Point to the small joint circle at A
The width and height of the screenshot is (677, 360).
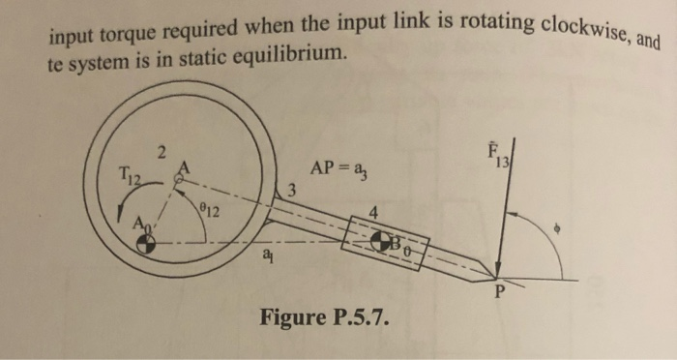(x=178, y=179)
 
